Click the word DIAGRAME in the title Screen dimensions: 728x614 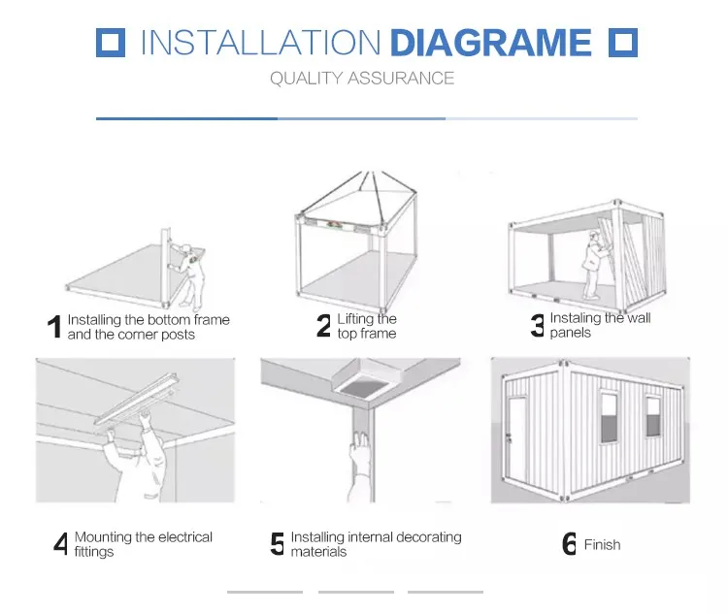pos(491,43)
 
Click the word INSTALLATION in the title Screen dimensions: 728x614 pos(260,43)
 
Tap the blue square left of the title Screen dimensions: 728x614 pos(111,43)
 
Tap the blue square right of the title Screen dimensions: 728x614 pos(623,43)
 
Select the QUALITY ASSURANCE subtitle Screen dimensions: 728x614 pos(362,79)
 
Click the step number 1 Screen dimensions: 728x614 pos(54,327)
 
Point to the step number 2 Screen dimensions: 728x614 pos(323,325)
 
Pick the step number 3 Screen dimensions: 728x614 pos(537,325)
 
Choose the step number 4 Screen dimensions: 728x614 pos(61,543)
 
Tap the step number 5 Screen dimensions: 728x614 pos(278,543)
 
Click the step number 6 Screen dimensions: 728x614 pos(569,543)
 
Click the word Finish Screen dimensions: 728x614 pos(602,544)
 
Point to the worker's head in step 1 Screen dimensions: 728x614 pos(186,249)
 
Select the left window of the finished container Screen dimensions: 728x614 pos(610,418)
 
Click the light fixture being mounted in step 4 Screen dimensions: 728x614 pos(138,399)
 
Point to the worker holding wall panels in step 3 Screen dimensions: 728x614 pos(595,265)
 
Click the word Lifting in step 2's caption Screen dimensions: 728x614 pos(355,319)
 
